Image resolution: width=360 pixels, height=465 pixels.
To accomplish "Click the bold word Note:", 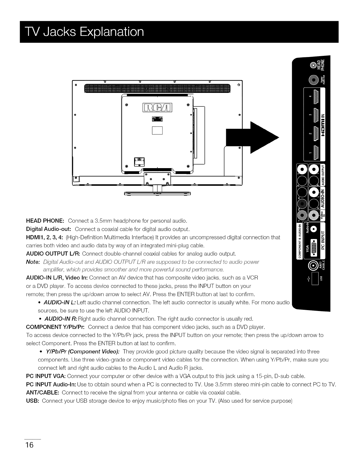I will [33, 262].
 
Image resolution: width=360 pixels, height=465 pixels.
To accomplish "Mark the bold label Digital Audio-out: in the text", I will [49, 229].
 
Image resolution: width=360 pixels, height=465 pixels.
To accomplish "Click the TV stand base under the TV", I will [158, 193].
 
